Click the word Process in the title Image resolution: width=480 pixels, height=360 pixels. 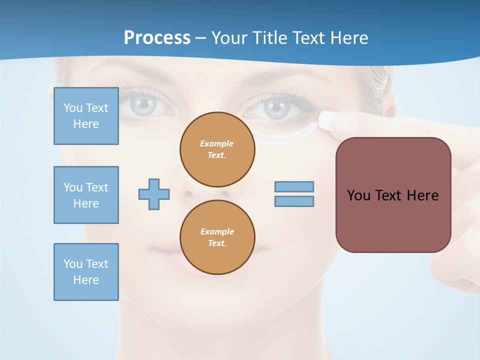(x=157, y=38)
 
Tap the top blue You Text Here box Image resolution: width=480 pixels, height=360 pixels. (x=86, y=116)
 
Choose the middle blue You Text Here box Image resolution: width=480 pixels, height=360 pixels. (x=86, y=195)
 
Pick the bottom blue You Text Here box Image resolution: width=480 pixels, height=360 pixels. (x=86, y=271)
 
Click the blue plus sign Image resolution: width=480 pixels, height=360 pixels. (x=154, y=194)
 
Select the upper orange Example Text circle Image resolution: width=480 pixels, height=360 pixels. (x=217, y=149)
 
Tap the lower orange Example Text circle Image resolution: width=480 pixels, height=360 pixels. (x=217, y=237)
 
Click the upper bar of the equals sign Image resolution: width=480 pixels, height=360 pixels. (x=294, y=186)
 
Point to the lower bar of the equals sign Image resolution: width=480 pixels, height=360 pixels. (x=294, y=201)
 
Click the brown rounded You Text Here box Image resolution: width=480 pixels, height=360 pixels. (x=393, y=195)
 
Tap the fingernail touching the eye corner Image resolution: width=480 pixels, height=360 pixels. (x=331, y=120)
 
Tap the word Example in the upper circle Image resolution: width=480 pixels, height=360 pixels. (x=217, y=143)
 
